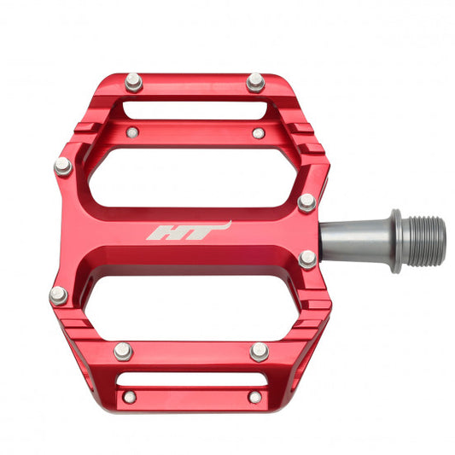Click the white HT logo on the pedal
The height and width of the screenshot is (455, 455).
click(x=188, y=231)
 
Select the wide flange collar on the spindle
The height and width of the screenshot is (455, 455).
click(x=396, y=240)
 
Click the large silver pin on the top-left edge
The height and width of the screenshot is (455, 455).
click(x=133, y=82)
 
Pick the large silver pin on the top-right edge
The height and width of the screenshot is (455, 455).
click(x=255, y=82)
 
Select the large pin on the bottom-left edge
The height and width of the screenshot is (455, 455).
click(x=123, y=351)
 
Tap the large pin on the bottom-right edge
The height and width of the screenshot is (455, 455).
click(x=259, y=351)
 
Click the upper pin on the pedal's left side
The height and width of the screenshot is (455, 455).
click(x=63, y=166)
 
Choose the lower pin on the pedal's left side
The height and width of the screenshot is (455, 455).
click(x=58, y=295)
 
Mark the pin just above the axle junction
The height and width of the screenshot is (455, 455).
click(x=306, y=202)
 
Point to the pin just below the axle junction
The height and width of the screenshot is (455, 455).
click(x=307, y=259)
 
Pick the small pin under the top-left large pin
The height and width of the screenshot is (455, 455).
click(x=132, y=132)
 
